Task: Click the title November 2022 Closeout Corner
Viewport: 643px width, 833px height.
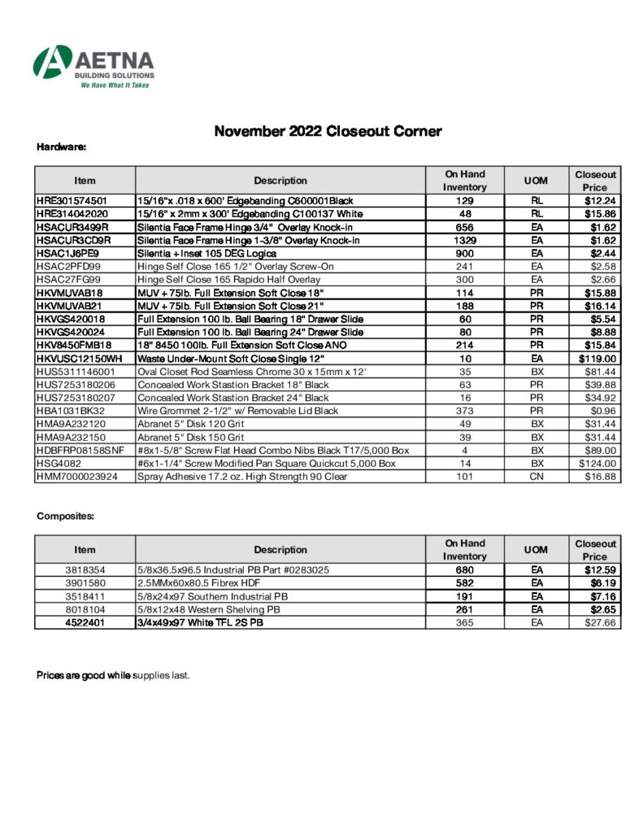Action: (328, 131)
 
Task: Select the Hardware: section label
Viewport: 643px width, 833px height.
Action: (62, 147)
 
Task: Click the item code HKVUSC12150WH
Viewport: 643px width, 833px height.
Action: (79, 358)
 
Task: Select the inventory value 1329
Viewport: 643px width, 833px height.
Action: (464, 240)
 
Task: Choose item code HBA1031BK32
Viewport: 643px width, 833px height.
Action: (71, 411)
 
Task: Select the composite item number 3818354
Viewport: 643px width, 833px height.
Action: (85, 569)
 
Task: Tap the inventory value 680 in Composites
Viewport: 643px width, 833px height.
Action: (464, 569)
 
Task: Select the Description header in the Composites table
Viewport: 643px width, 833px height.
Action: (280, 549)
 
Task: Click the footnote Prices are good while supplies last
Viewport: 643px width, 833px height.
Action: (113, 674)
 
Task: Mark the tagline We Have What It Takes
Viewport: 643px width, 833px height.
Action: (115, 85)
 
